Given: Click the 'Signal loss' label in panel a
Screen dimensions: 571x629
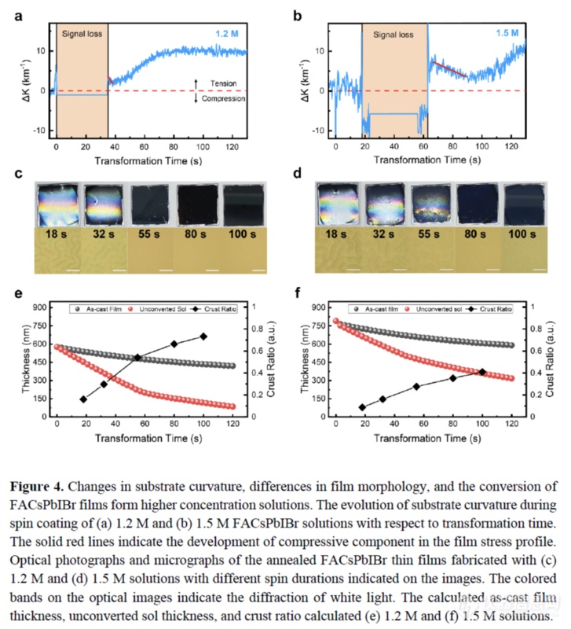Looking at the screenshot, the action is pyautogui.click(x=82, y=34).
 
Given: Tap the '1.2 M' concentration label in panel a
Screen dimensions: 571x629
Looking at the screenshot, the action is pyautogui.click(x=227, y=34).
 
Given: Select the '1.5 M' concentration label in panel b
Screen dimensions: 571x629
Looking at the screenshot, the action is pyautogui.click(x=507, y=33).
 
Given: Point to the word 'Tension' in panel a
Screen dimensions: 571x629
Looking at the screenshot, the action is pyautogui.click(x=223, y=83).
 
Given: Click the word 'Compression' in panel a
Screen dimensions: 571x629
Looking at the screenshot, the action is pyautogui.click(x=223, y=98).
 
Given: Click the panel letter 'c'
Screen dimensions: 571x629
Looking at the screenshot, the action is pyautogui.click(x=18, y=174).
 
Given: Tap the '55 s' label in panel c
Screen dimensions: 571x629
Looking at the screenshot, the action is pyautogui.click(x=148, y=234).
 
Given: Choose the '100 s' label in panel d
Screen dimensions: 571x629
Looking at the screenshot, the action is pyautogui.click(x=522, y=234).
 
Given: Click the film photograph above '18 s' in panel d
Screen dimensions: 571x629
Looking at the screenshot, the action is pyautogui.click(x=339, y=204).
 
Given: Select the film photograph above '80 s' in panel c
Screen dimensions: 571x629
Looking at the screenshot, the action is pyautogui.click(x=197, y=204).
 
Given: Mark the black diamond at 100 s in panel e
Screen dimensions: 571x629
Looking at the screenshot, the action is pyautogui.click(x=203, y=337).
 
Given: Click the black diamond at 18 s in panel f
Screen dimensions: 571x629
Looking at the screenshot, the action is pyautogui.click(x=363, y=407).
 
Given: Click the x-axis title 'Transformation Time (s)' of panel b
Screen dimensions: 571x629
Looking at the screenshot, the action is pyautogui.click(x=427, y=160).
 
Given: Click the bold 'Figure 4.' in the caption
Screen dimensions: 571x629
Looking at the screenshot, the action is pyautogui.click(x=36, y=487).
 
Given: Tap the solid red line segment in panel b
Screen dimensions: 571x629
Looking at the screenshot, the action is pyautogui.click(x=448, y=69).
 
